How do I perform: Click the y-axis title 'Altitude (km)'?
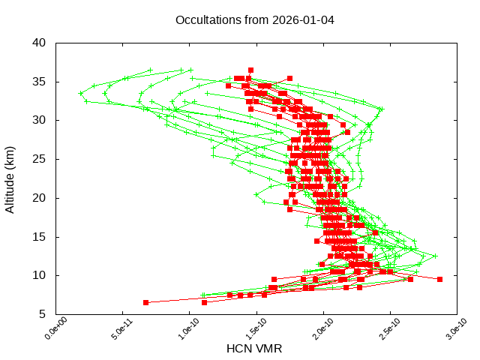click(10, 178)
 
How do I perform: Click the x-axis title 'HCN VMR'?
click(254, 349)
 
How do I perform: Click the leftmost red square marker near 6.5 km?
click(145, 302)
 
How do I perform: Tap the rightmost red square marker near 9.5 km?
click(439, 279)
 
